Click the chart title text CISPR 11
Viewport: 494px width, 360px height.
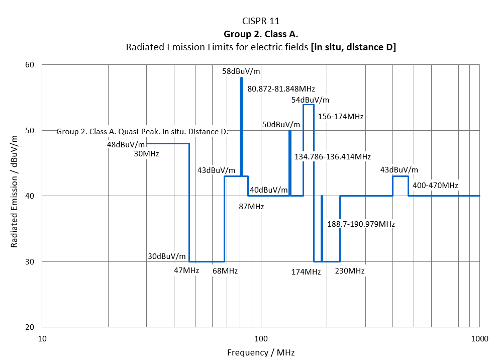coord(260,21)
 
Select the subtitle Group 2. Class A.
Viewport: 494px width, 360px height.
coord(261,34)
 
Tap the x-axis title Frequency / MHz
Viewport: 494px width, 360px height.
coord(261,352)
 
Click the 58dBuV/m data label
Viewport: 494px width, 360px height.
coord(241,71)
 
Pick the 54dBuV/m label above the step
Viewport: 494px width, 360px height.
coord(310,100)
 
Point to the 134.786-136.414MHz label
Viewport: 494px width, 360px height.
coord(333,156)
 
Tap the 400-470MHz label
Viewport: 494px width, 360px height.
coord(435,186)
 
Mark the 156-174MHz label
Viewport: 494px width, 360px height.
coord(341,116)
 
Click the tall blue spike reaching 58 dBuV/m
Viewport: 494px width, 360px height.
coord(241,126)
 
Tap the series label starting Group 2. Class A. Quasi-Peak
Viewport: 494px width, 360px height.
coord(142,132)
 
